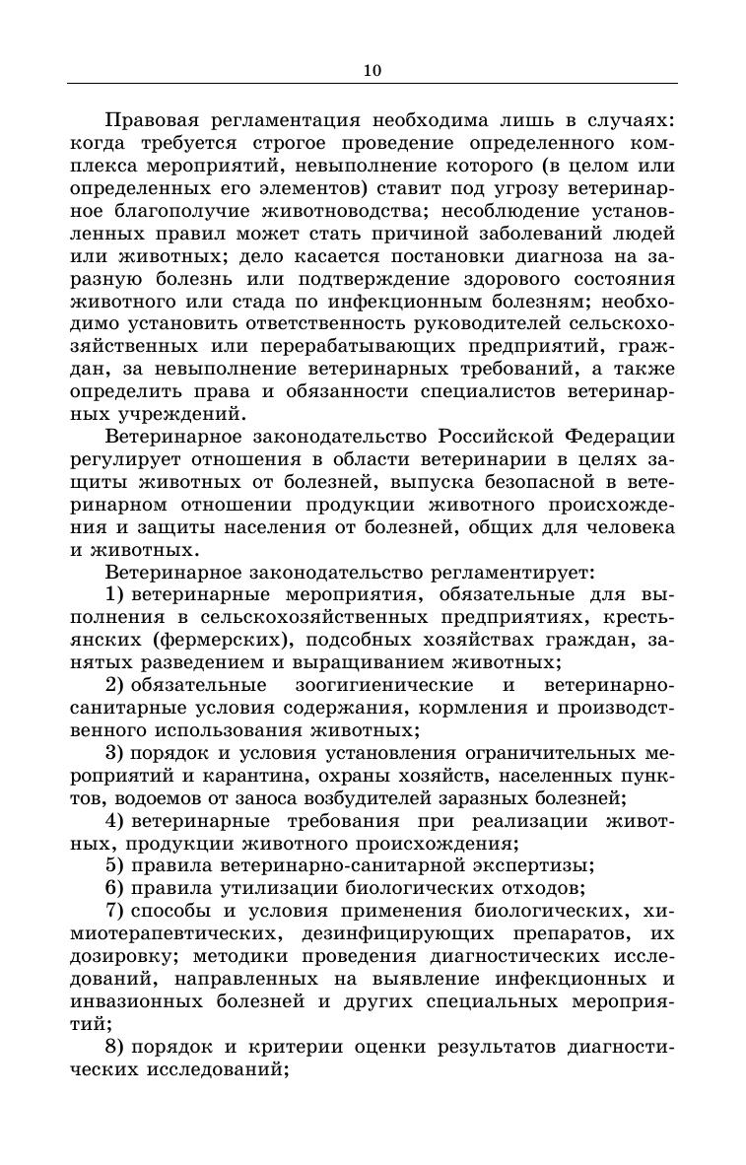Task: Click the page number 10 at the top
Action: (x=372, y=70)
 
